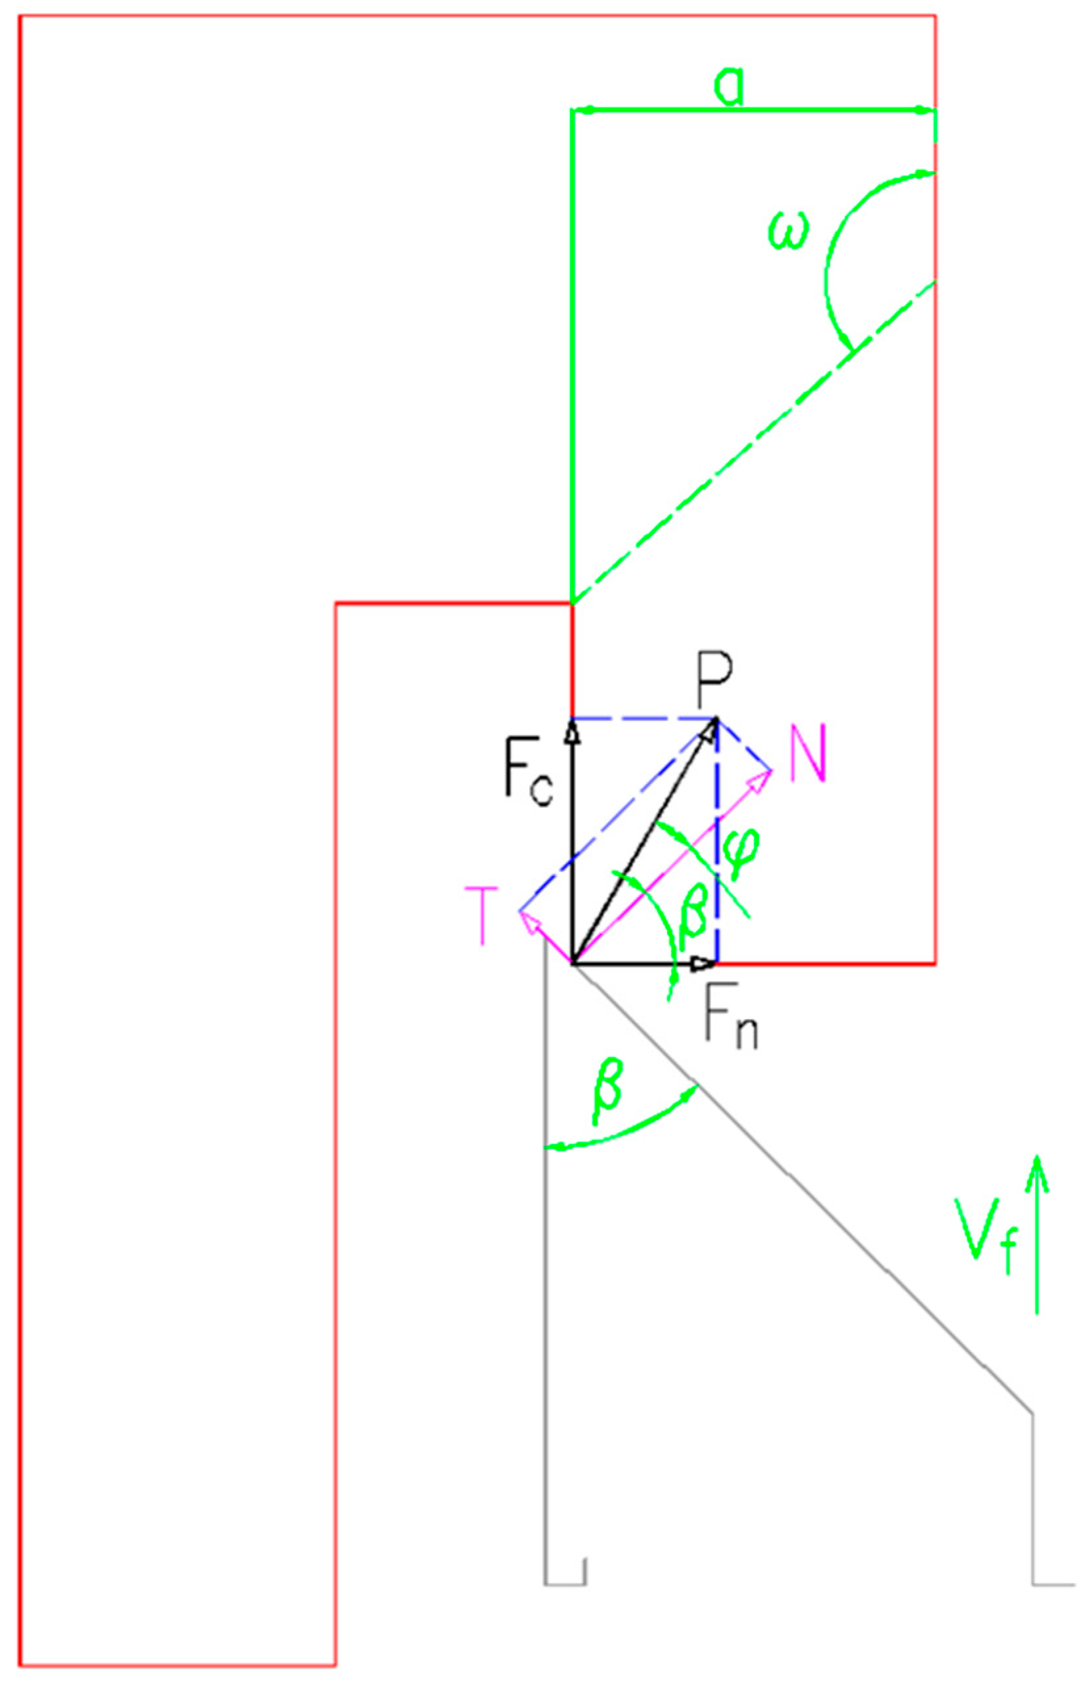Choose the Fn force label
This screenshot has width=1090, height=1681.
click(730, 1022)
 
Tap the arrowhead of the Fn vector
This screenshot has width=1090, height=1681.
click(705, 963)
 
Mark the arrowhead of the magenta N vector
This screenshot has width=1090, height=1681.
click(763, 777)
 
